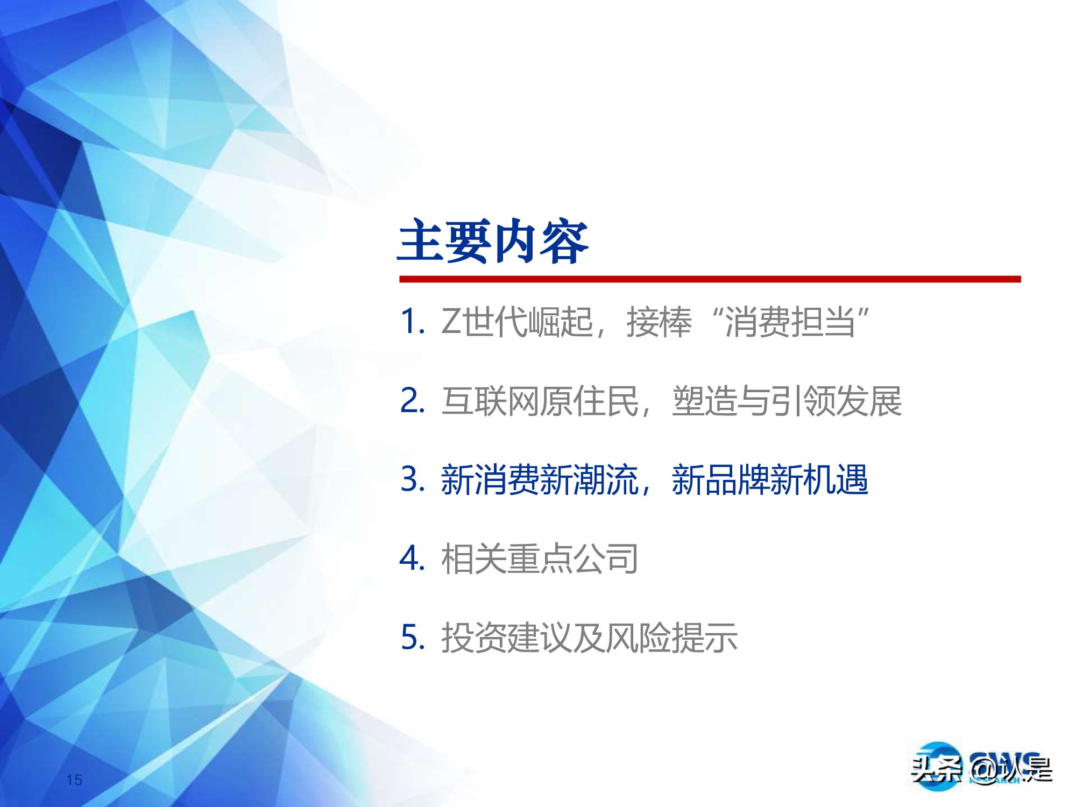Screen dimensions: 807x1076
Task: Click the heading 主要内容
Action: tap(493, 242)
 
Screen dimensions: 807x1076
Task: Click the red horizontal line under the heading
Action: tap(709, 279)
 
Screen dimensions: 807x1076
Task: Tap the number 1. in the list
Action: tap(413, 322)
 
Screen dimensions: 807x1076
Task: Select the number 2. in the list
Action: tap(413, 401)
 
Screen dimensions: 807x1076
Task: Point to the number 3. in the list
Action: tap(413, 479)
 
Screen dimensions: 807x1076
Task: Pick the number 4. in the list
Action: tap(413, 558)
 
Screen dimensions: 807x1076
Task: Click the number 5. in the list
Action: tap(413, 638)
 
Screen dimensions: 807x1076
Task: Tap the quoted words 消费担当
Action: tap(790, 322)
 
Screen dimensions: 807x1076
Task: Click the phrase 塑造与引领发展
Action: tap(787, 401)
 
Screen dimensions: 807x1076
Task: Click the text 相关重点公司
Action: tap(540, 559)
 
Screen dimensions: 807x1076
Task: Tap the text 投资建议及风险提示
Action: tap(589, 638)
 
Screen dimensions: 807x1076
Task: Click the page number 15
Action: tap(74, 780)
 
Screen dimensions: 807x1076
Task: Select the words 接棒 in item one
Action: tap(659, 322)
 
